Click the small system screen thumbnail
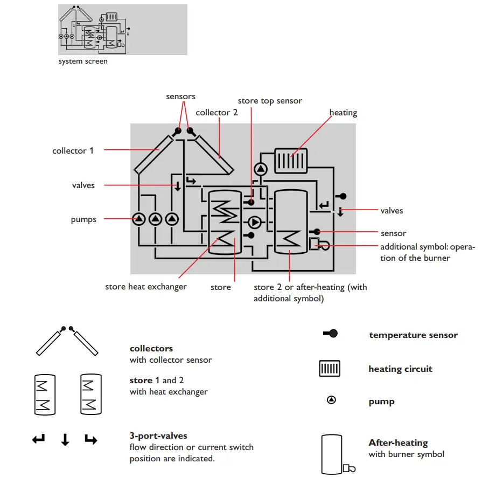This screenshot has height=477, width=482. (122, 30)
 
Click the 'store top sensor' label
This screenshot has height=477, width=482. (270, 101)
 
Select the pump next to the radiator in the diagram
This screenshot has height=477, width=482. (261, 169)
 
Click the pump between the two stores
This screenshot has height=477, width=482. (254, 222)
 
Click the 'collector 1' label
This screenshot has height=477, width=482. (73, 151)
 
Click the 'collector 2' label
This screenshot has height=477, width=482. (216, 113)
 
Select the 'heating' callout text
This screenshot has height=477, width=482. (343, 113)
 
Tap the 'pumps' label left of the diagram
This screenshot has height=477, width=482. (83, 220)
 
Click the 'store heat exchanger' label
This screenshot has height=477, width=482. (146, 287)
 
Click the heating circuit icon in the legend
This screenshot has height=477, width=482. (330, 369)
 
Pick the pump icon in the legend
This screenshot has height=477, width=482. (332, 400)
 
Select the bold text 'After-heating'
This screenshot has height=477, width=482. (398, 443)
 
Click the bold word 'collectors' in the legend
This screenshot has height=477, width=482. (151, 349)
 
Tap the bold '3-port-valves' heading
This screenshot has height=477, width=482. (158, 435)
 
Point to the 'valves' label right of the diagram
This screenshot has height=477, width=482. (392, 211)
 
